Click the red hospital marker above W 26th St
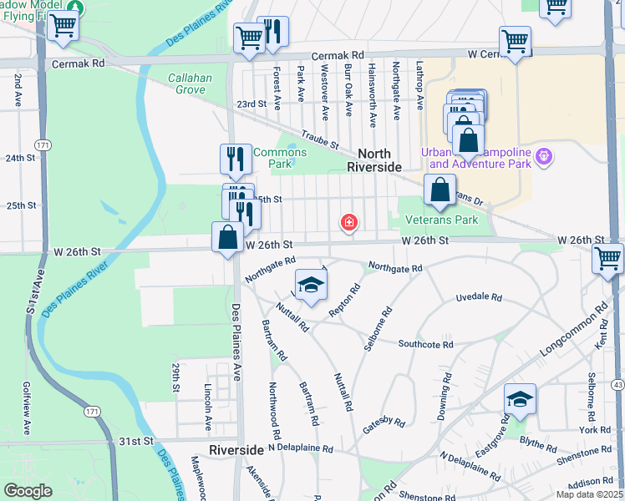[348, 223]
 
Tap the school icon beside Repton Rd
[310, 286]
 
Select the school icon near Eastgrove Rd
[519, 401]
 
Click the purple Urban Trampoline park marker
[545, 156]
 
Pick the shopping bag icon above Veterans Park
[440, 190]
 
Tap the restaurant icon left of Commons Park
[236, 159]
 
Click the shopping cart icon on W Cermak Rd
[516, 41]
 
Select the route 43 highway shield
[617, 383]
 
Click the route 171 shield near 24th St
[43, 145]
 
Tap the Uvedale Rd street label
[479, 297]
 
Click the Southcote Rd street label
[425, 344]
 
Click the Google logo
[28, 491]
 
